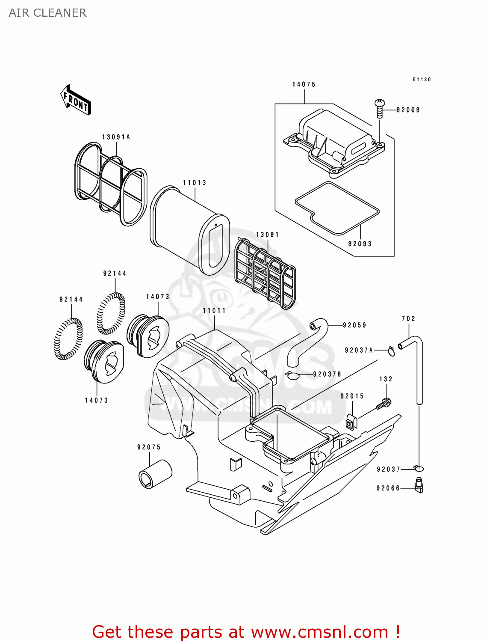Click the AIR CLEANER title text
click(47, 13)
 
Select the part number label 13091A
click(116, 137)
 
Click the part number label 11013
click(195, 183)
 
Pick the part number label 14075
click(304, 84)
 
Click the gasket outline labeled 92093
click(337, 208)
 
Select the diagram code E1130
click(422, 80)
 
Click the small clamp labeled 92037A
click(391, 351)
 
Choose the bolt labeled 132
click(384, 403)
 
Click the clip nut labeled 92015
click(351, 422)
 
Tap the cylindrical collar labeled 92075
click(155, 473)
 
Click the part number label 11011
click(214, 310)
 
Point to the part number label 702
click(408, 318)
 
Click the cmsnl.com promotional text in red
click(246, 632)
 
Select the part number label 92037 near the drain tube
click(388, 469)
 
